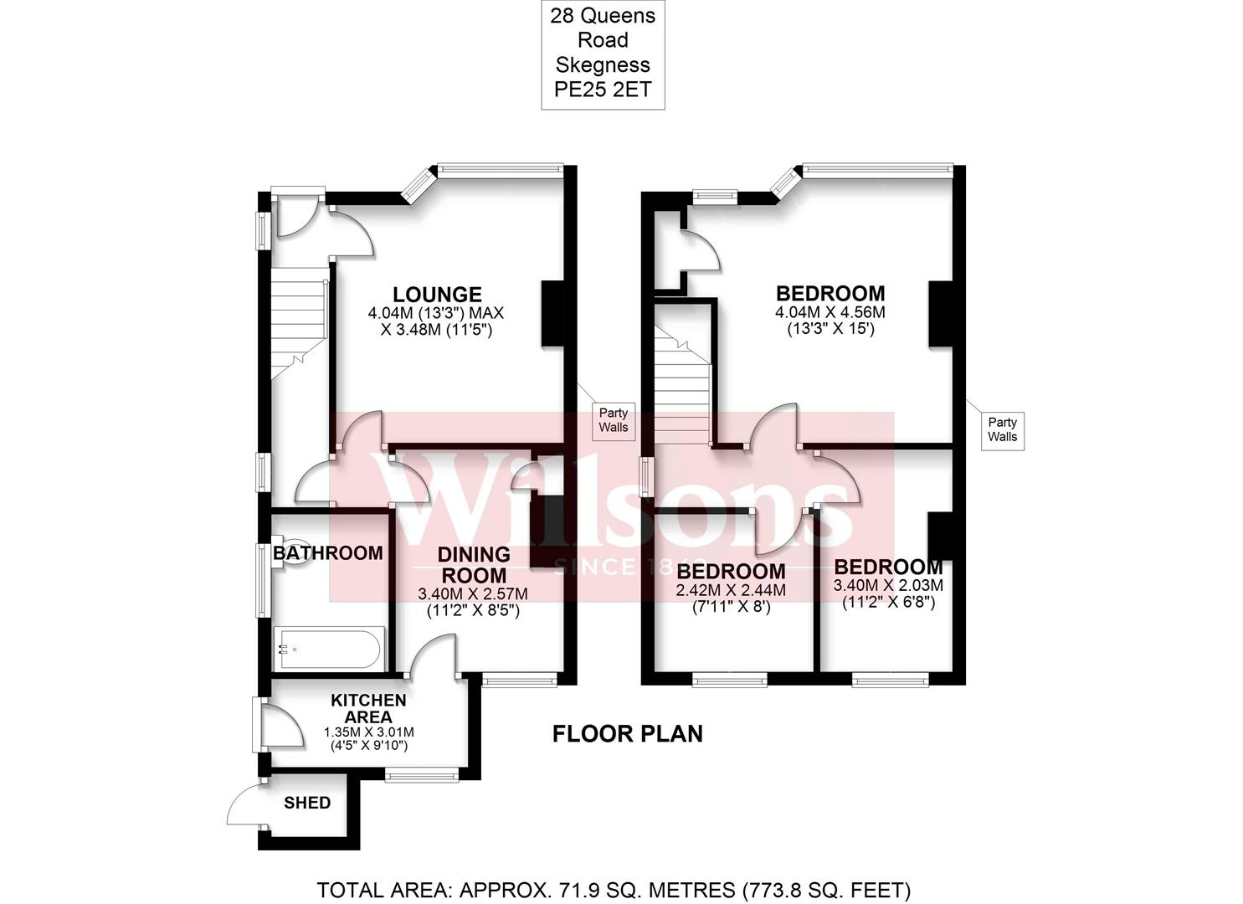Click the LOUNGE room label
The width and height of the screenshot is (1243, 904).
pos(437,295)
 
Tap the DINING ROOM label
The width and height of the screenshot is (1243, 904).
pos(474,565)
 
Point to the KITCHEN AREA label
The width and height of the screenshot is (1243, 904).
pos(368,708)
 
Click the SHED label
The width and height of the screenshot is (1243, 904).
pos(307,803)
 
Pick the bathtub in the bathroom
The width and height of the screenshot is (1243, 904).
pos(329,649)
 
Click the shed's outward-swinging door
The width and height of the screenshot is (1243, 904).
pos(245,805)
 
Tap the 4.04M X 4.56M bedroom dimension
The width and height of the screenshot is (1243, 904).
pos(830,312)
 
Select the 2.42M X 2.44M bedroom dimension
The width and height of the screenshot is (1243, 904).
pos(731,590)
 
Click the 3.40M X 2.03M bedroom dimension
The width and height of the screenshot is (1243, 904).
pos(888,585)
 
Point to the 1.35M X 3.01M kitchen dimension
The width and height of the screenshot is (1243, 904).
pos(368,732)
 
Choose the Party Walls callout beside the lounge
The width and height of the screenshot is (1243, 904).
pos(614,419)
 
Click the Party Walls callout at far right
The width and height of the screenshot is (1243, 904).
pos(1002,429)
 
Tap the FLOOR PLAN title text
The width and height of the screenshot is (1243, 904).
pos(627,734)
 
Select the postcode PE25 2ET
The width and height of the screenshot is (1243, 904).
pos(603,90)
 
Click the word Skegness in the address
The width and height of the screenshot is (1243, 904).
pos(603,64)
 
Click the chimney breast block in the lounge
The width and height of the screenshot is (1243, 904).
pos(553,313)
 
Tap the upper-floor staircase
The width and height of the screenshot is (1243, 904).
pos(682,385)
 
